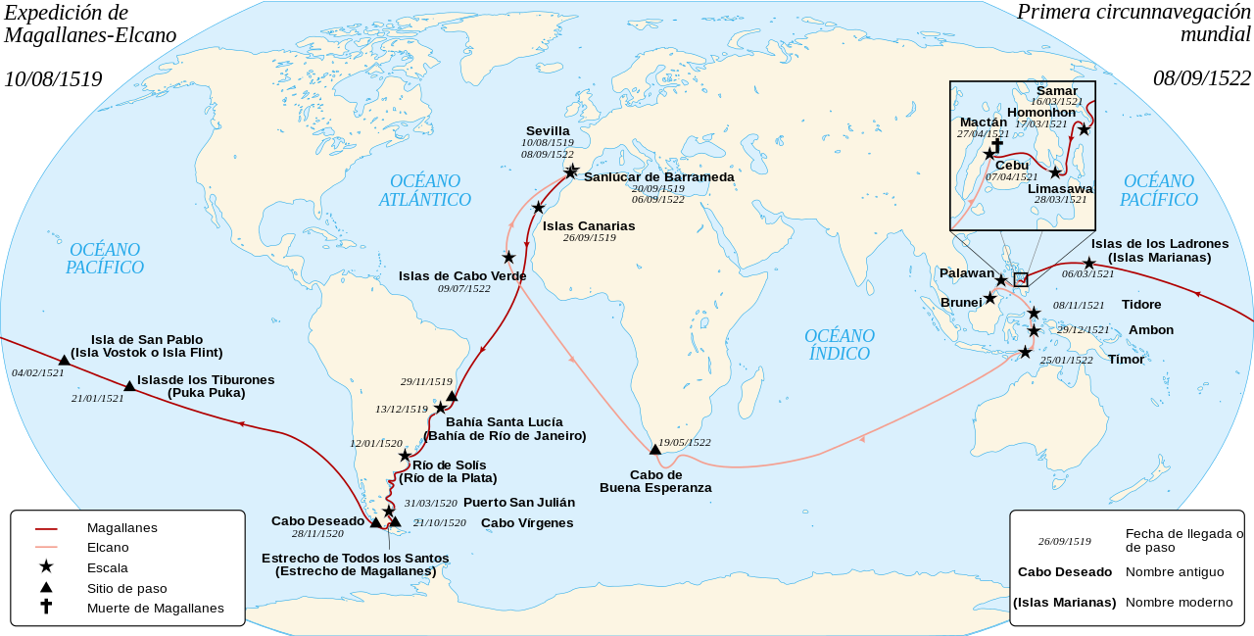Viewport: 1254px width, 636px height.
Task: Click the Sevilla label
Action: coord(548,130)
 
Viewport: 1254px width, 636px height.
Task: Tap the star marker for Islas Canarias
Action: coord(538,208)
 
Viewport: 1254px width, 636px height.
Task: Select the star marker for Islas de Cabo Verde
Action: coord(508,257)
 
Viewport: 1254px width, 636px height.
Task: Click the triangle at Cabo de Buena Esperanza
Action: coord(655,450)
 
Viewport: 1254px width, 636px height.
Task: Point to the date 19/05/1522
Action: coord(685,442)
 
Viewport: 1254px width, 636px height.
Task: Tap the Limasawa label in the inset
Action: coord(1060,188)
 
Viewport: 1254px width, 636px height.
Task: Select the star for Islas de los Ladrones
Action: coord(1088,263)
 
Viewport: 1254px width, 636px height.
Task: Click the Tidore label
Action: coord(1141,305)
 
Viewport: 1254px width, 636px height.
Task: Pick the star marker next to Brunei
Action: coord(990,298)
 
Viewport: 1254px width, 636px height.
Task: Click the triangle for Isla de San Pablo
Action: coord(64,361)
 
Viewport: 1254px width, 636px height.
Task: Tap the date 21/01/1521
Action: coord(98,398)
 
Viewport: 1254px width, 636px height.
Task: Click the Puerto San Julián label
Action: coord(519,502)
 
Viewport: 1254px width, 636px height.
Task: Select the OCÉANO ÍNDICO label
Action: coord(840,345)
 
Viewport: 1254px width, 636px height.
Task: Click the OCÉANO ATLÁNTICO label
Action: coord(425,190)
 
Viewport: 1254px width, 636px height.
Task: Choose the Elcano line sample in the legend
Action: coord(46,548)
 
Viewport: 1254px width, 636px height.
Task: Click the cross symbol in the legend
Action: coord(46,607)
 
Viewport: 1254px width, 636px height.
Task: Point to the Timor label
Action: coord(1126,360)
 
